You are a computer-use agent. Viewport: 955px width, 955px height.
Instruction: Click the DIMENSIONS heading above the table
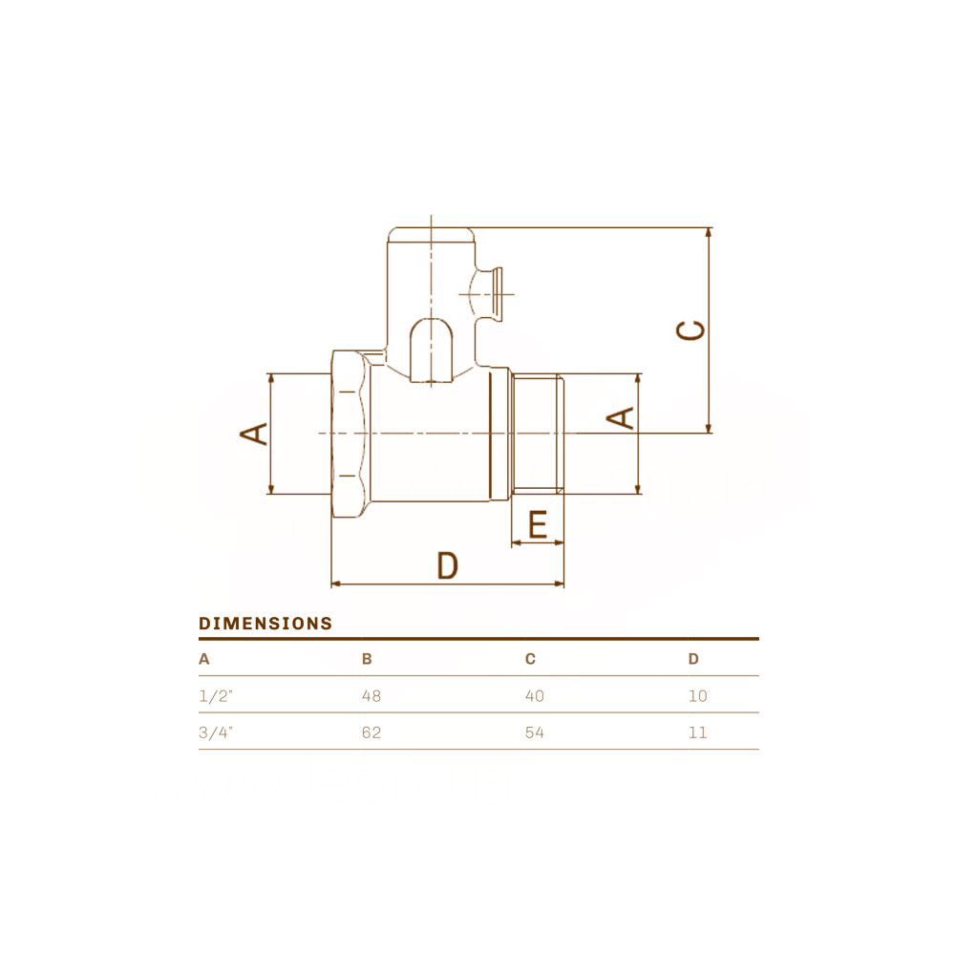point(265,624)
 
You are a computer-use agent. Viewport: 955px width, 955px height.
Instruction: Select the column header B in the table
point(367,659)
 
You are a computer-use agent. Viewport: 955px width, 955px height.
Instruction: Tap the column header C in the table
point(530,659)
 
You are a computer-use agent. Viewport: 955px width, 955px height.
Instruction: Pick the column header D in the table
point(693,659)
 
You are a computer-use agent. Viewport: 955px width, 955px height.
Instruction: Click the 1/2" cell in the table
point(216,695)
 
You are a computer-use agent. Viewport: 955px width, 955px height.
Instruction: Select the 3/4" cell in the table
point(216,732)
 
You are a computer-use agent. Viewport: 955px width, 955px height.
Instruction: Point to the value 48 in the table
point(371,695)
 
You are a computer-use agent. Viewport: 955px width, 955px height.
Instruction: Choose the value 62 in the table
point(371,732)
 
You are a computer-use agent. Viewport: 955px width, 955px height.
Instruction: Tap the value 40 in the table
point(535,695)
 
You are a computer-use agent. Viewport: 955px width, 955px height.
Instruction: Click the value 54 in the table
point(535,732)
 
